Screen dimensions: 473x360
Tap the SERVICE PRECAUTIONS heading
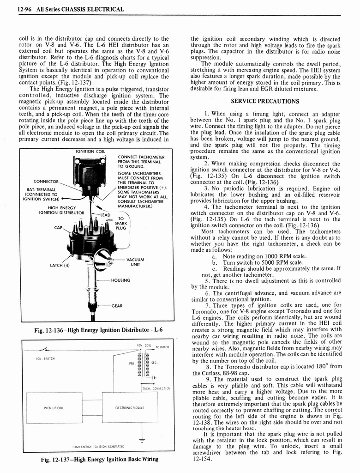[x=264, y=101]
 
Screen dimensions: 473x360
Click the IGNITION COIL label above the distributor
[x=90, y=152]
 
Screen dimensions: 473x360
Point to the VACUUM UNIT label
[x=135, y=262]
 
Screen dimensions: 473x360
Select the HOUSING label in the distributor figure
[x=120, y=280]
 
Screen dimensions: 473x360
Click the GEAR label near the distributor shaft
[x=117, y=306]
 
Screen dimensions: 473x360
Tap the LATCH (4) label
[x=60, y=265]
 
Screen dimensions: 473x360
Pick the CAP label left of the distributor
[x=58, y=227]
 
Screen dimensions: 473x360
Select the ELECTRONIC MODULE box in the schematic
[x=126, y=408]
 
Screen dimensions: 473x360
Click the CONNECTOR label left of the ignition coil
[x=47, y=181]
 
